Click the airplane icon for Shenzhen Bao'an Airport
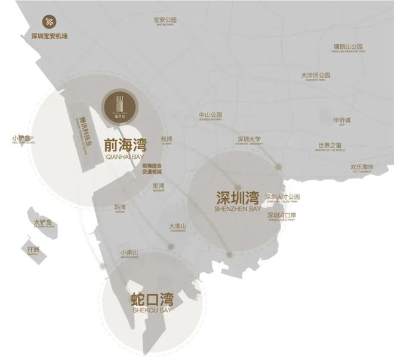click(x=49, y=21)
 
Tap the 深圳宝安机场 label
click(x=50, y=36)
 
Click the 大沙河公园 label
click(x=315, y=76)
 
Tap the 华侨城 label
click(x=343, y=120)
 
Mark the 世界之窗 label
click(x=330, y=146)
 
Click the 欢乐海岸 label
click(x=362, y=167)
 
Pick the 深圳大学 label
click(x=249, y=140)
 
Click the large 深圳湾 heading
click(x=238, y=197)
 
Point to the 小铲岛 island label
click(x=24, y=139)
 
